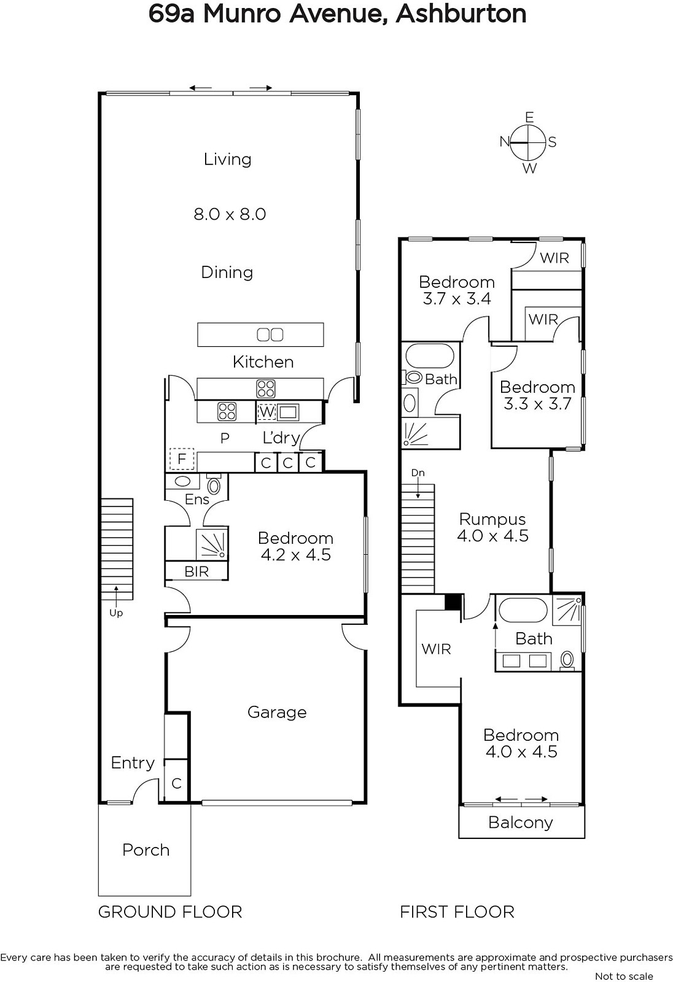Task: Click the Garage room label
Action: click(x=277, y=713)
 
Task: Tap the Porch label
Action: click(x=146, y=850)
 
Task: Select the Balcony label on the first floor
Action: click(x=520, y=822)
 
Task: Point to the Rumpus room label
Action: click(x=492, y=519)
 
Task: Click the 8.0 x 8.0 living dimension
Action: click(x=230, y=214)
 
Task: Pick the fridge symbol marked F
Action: click(x=182, y=460)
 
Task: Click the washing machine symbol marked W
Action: click(x=266, y=412)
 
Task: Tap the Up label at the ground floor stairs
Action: click(x=116, y=613)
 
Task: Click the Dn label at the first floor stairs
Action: click(x=418, y=473)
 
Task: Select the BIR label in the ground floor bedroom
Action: click(x=196, y=571)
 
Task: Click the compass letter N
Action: click(x=505, y=142)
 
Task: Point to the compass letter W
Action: click(x=530, y=168)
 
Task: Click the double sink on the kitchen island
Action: click(x=270, y=335)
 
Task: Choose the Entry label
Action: click(x=133, y=763)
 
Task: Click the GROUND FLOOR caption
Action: click(x=170, y=912)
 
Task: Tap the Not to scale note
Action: click(x=624, y=976)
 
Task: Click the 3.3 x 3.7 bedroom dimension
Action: click(x=537, y=404)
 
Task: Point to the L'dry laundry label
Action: click(x=281, y=438)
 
